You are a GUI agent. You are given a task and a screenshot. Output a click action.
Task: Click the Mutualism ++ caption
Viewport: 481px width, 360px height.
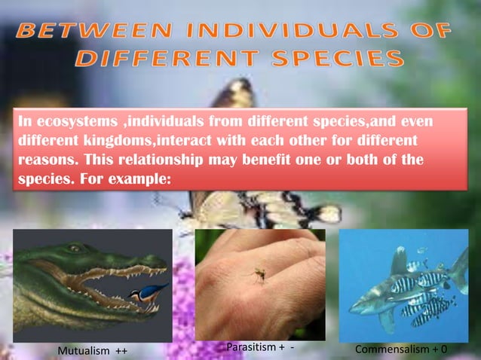[x=92, y=350]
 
